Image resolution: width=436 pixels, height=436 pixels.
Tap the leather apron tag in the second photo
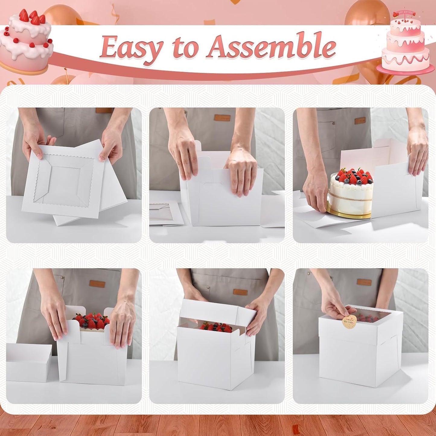click(222, 117)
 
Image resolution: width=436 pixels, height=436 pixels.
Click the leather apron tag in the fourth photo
click(97, 284)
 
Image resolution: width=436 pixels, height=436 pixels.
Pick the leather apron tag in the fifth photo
click(240, 292)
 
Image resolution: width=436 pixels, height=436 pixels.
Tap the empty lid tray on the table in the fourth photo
click(29, 362)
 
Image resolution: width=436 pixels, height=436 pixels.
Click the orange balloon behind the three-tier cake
click(359, 14)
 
